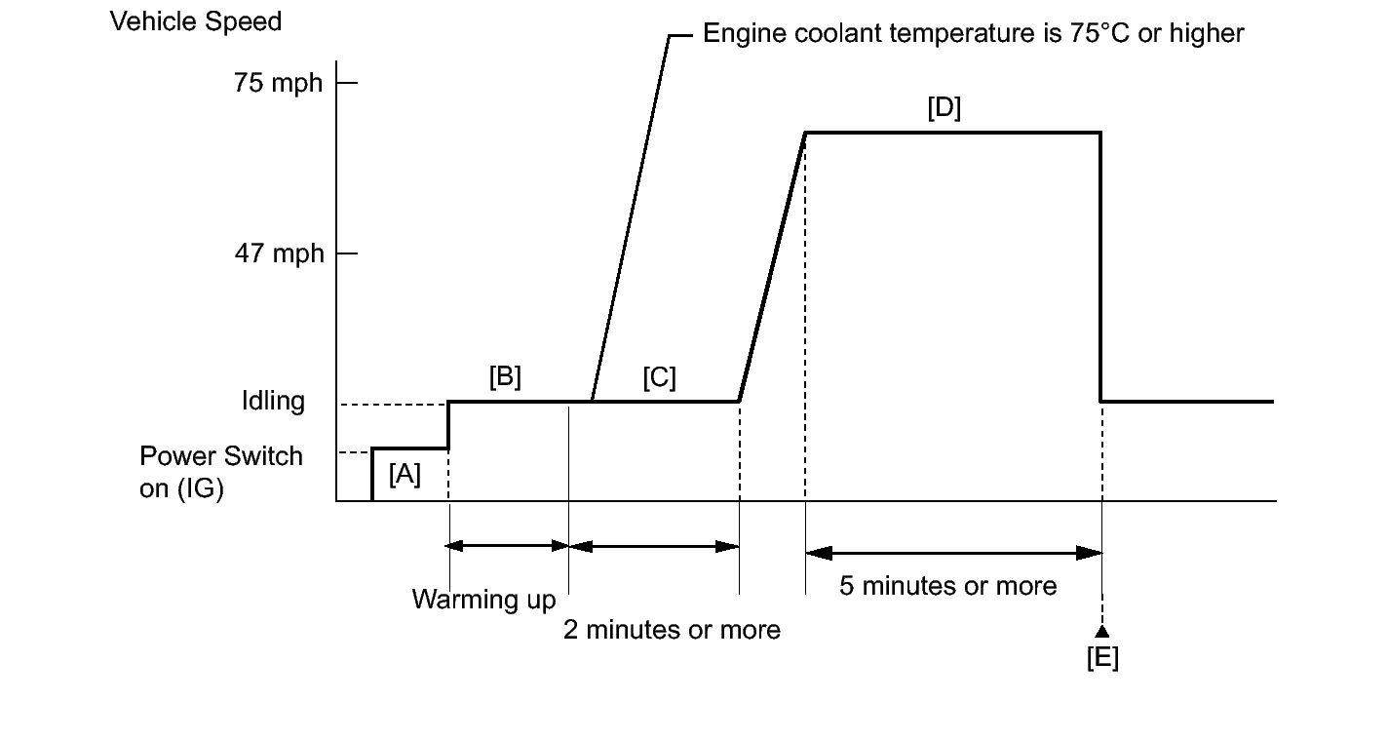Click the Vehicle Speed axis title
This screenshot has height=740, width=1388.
tap(195, 22)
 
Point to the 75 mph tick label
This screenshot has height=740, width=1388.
tap(278, 84)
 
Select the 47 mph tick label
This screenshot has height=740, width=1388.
tap(278, 254)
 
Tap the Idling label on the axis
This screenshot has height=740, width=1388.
tap(273, 401)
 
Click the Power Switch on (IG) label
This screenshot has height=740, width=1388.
tap(220, 472)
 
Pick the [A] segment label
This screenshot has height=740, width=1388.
tap(405, 476)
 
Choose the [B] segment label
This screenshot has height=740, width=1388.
tap(504, 377)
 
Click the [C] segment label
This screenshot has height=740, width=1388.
tap(659, 377)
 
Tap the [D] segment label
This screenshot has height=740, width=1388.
tap(944, 108)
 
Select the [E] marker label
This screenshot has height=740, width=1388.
tap(1102, 659)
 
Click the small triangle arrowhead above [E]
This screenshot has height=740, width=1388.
tap(1102, 632)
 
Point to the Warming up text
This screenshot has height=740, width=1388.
tap(483, 599)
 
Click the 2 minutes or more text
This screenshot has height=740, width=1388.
tap(672, 630)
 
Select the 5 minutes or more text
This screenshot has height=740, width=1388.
tap(947, 586)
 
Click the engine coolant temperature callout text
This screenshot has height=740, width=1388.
tap(973, 34)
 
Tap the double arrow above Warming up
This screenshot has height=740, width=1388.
tap(508, 546)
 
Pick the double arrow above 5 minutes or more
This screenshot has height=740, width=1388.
tap(953, 553)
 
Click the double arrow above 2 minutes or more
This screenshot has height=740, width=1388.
tap(654, 546)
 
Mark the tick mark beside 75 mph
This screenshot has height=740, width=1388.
tap(347, 83)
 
